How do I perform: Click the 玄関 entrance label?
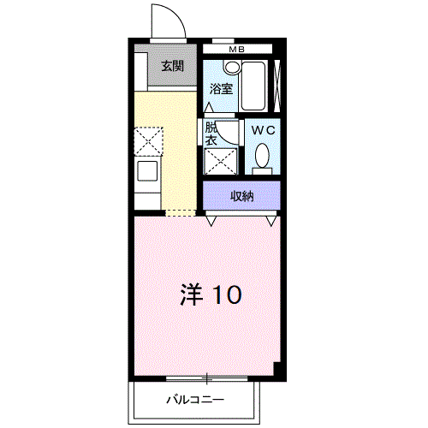(x=172, y=66)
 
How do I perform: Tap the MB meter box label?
(x=237, y=50)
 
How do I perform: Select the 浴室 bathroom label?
(x=221, y=89)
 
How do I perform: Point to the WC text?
(x=263, y=130)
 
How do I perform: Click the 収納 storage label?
(x=242, y=196)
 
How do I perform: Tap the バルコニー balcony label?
(x=195, y=400)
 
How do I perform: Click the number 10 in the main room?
(x=227, y=294)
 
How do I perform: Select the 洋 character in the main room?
(x=192, y=294)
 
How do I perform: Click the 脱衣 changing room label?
(x=211, y=134)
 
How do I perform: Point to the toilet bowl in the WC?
(x=262, y=156)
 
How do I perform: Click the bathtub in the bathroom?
(x=253, y=86)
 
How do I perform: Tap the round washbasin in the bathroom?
(x=232, y=68)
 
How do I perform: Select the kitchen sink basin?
(x=147, y=170)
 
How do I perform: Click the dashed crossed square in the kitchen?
(x=148, y=141)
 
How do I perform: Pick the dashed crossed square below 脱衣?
(x=221, y=161)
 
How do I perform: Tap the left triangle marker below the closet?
(x=211, y=221)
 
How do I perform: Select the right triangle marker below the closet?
(x=271, y=221)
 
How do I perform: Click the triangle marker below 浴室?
(x=209, y=107)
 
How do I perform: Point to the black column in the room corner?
(x=277, y=369)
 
